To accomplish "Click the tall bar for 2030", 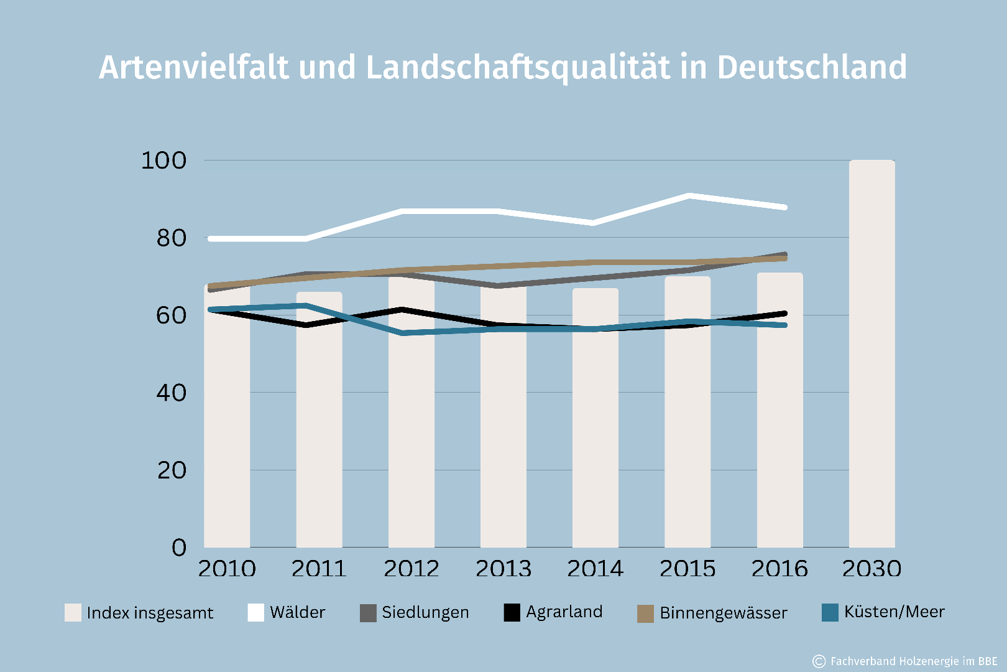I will point(871,355).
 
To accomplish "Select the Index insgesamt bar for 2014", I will point(595,436).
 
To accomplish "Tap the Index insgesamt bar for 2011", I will point(319,436).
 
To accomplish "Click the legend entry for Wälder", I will point(287,612).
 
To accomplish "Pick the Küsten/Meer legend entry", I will point(883,612).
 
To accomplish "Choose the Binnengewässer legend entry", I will point(712,613).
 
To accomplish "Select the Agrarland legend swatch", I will point(512,613).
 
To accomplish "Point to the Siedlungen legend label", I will point(425,612).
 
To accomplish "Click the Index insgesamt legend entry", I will point(139,613).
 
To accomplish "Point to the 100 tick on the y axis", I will point(163,161).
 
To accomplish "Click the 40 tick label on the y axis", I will point(171,393).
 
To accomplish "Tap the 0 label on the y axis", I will point(179,548).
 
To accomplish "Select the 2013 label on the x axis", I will point(503,568).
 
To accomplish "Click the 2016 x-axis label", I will point(779,568).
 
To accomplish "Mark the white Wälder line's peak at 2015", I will point(688,196).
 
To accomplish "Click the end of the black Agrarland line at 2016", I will point(784,314).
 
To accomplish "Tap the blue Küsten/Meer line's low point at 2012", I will point(404,333).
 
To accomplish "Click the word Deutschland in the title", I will point(811,67).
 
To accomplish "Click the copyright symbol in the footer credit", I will point(819,661).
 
